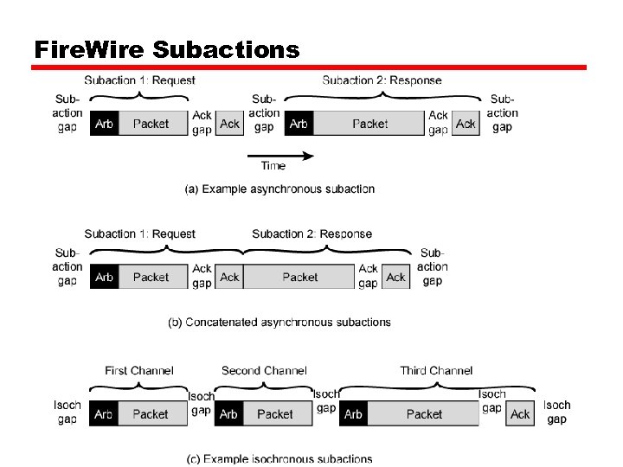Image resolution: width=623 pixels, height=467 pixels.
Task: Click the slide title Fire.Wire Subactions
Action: (x=166, y=49)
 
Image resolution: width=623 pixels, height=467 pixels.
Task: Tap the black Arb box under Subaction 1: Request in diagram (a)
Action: (x=104, y=124)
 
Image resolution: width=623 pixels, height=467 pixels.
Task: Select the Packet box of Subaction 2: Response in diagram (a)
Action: (x=369, y=124)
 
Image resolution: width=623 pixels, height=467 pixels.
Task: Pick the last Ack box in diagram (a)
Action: (x=466, y=124)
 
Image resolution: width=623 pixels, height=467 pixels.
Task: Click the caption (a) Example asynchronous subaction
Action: (x=279, y=189)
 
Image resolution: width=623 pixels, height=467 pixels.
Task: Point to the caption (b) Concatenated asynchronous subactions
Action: (x=279, y=322)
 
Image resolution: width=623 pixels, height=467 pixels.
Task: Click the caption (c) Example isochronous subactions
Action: (x=279, y=458)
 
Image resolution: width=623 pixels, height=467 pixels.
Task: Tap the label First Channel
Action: (x=138, y=370)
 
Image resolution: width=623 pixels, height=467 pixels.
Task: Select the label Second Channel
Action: (x=264, y=370)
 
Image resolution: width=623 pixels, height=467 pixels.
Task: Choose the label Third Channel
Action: (x=436, y=370)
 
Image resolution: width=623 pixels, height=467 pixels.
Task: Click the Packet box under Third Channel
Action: (x=424, y=414)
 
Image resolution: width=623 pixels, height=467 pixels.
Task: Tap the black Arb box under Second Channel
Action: (x=228, y=414)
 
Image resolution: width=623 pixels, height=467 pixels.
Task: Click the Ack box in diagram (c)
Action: (x=520, y=414)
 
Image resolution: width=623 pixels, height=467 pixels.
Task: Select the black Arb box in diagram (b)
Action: (x=104, y=278)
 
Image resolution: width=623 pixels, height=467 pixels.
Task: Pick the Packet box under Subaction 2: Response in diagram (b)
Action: (x=299, y=278)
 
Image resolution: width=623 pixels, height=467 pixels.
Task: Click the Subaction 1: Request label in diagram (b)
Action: (x=139, y=233)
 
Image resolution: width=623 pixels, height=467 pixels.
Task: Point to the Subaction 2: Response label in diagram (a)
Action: (x=382, y=80)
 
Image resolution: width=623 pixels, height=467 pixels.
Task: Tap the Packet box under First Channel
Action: (x=151, y=414)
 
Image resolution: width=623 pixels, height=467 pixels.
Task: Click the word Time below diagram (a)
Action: (x=273, y=166)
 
